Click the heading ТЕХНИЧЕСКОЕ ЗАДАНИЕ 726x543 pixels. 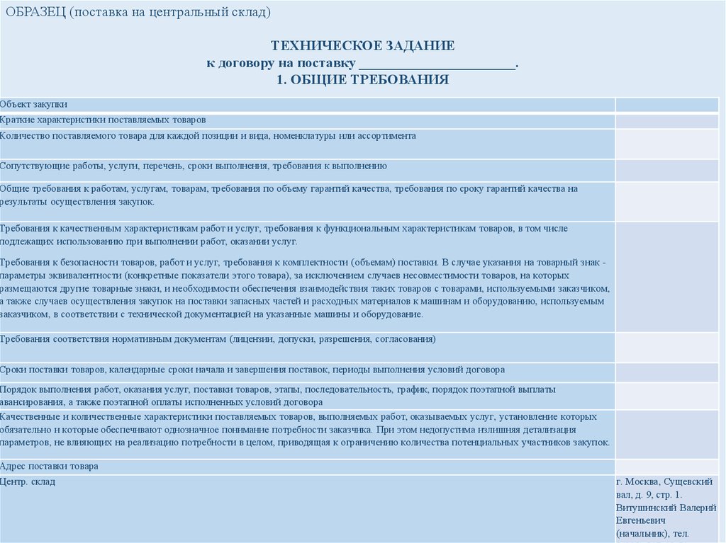tap(362, 46)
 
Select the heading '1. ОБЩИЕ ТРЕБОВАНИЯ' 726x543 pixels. tap(362, 79)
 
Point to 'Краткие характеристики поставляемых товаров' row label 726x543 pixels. tap(104, 120)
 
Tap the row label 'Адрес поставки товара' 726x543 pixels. tap(49, 467)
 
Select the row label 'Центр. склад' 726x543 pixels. tap(28, 482)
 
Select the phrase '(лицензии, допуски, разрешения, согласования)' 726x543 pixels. tap(333, 340)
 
